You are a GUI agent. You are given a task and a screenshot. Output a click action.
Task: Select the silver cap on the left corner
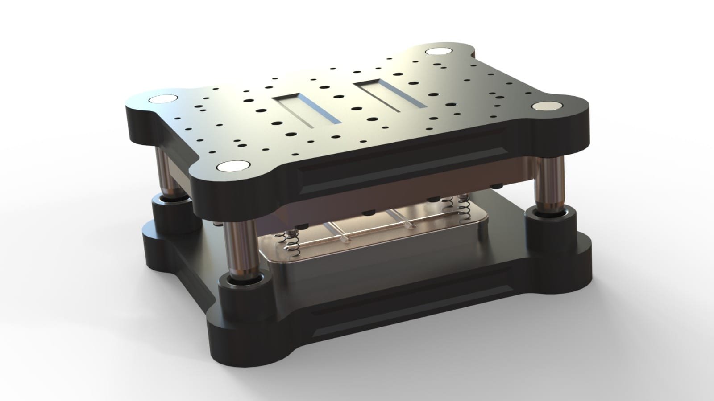[x=163, y=99]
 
